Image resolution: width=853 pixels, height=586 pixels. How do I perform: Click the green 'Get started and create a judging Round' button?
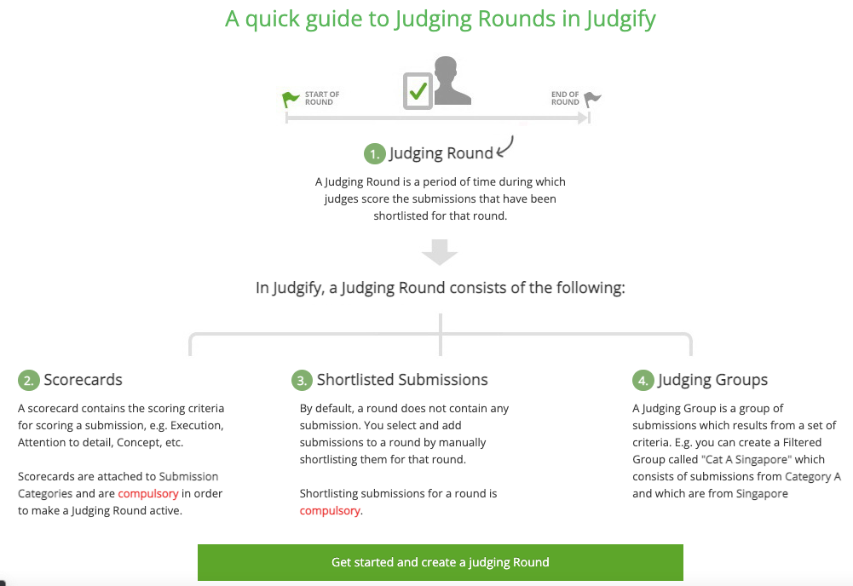440,562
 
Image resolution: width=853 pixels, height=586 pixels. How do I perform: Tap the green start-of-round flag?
290,99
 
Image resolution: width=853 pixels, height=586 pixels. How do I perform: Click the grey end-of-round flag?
592,100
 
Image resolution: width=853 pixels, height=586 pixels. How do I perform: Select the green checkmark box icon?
418,91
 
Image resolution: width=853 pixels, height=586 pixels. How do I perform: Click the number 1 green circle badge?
374,154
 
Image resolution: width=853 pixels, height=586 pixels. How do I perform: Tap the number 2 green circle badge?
29,380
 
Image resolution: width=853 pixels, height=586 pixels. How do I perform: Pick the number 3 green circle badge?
302,380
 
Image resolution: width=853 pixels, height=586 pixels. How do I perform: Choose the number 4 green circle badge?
643,380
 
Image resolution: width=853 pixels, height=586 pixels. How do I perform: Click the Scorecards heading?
84,379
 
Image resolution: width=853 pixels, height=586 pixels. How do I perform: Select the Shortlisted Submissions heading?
402,379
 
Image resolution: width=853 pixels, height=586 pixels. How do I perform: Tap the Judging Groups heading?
712,380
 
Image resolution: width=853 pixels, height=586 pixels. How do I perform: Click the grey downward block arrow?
440,252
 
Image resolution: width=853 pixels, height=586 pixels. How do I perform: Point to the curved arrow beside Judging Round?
505,146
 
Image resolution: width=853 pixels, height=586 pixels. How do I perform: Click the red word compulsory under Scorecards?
148,494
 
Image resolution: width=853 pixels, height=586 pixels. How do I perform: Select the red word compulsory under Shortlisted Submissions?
330,511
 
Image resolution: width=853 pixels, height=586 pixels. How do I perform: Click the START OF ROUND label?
322,99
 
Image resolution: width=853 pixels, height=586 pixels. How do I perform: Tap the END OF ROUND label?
565,99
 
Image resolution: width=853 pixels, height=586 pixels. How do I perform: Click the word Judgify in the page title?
620,19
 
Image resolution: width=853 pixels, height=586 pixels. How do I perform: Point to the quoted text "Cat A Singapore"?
746,459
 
